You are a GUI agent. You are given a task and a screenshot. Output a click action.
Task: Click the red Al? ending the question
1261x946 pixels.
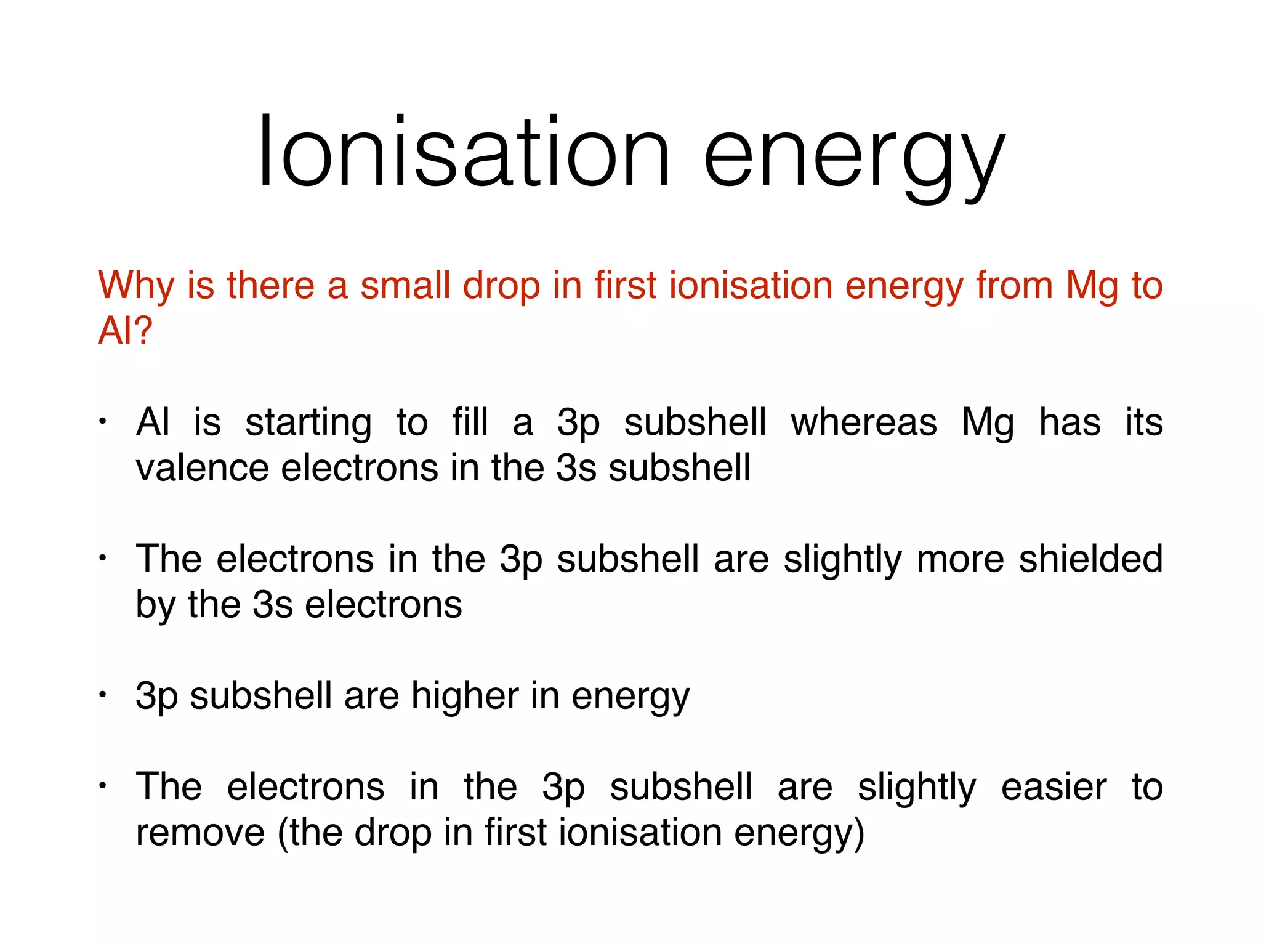pos(125,331)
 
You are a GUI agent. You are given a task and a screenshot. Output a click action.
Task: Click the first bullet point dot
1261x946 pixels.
pos(103,422)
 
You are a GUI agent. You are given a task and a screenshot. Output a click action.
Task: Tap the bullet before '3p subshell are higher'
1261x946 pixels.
pos(103,695)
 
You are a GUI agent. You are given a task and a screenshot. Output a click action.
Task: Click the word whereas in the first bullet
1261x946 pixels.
pos(863,423)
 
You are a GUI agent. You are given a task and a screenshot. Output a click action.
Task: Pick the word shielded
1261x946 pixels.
pos(1090,559)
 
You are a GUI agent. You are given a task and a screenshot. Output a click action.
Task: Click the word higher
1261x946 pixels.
pos(465,697)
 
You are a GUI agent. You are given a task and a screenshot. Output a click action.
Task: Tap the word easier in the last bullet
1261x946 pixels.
pos(1054,787)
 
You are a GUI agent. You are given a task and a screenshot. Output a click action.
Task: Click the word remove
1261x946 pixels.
pos(200,833)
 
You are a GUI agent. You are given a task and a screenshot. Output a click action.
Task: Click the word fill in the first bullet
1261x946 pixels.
pos(470,423)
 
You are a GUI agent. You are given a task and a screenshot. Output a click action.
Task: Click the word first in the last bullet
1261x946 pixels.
pos(516,832)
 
